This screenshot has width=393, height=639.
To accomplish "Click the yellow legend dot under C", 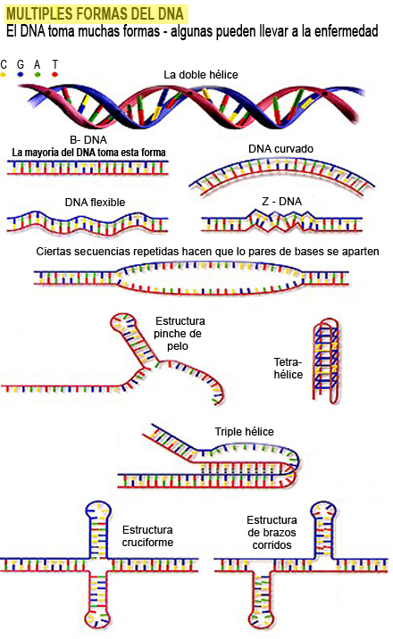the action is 4,75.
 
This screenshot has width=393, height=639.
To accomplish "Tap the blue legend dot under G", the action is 21,75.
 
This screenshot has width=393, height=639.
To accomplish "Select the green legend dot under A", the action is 38,75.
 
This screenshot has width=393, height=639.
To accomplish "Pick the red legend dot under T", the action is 54,75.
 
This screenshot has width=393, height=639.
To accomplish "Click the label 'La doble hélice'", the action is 201,75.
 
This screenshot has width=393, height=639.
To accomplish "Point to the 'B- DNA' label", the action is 88,140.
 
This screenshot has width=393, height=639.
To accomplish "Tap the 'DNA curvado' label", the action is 280,149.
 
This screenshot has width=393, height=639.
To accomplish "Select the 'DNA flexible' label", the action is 95,202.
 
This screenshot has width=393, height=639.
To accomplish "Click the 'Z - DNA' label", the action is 281,202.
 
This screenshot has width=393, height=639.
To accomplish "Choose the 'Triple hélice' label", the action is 244,432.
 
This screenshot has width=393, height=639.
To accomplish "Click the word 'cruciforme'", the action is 147,543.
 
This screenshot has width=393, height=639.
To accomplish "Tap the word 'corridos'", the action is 272,545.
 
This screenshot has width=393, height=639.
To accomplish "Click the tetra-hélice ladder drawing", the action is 326,361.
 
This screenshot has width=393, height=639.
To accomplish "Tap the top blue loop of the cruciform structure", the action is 98,509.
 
